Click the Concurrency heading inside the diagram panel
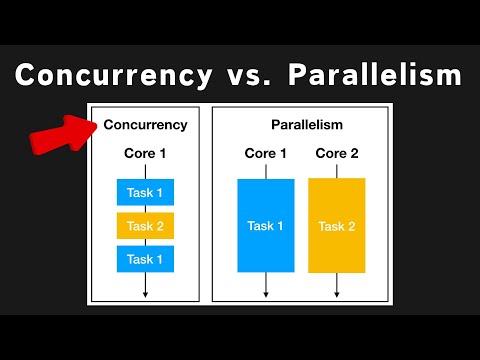(145, 125)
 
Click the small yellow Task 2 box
(145, 226)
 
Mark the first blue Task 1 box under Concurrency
(145, 192)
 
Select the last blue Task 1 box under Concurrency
(145, 259)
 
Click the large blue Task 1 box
(265, 225)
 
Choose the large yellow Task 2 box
(336, 225)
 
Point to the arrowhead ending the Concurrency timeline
(145, 294)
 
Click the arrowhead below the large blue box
(265, 294)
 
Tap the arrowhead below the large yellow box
(336, 294)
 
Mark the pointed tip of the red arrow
(94, 124)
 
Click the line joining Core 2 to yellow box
(336, 170)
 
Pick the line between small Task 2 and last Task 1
(145, 242)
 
